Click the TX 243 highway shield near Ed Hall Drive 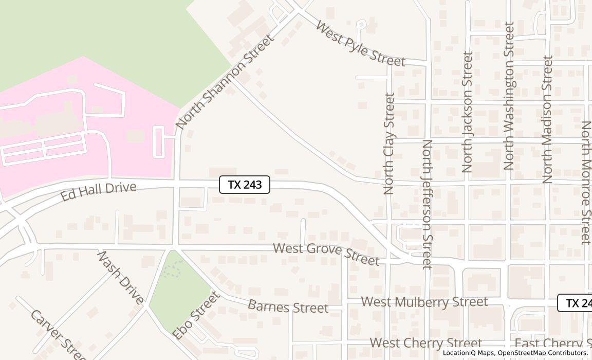pos(245,185)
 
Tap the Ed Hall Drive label pos(98,191)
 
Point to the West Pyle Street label pos(360,44)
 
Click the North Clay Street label pos(389,143)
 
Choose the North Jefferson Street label pos(427,204)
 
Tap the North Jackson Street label pos(467,112)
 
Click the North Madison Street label pos(547,119)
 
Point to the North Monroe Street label pos(586,183)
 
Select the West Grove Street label pos(326,254)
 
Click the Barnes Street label pos(288,306)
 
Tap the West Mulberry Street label pos(424,301)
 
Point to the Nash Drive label pos(120,277)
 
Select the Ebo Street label pos(196,315)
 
